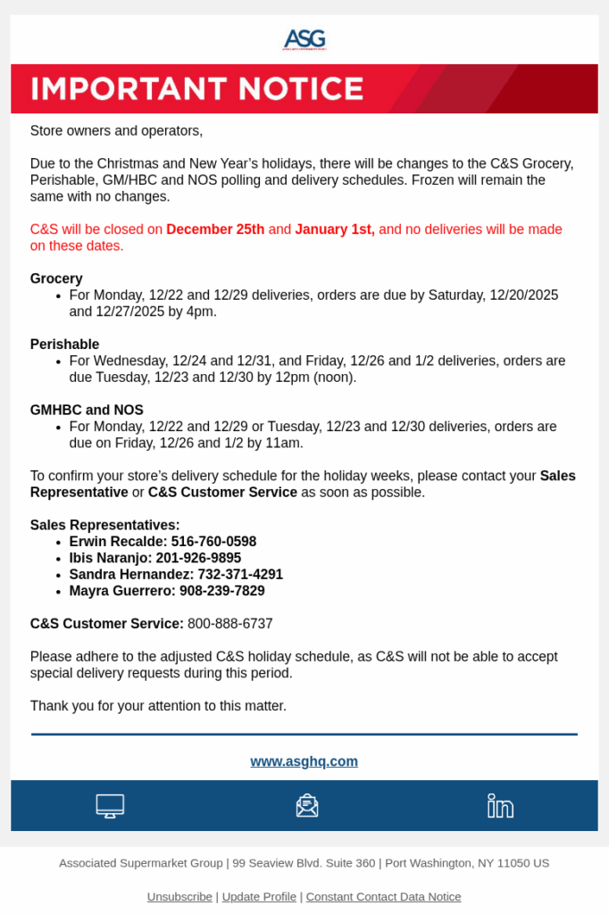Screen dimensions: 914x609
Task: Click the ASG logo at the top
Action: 304,39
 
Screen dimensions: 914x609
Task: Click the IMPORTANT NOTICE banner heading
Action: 197,89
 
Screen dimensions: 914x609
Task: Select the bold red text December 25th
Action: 215,229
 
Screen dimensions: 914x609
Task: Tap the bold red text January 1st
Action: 335,229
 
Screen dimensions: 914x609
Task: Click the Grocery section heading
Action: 56,278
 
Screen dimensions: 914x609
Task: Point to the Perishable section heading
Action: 64,345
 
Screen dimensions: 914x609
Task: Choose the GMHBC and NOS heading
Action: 87,411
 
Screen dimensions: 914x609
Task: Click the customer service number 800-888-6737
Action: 230,624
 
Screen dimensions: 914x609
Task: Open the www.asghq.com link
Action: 304,761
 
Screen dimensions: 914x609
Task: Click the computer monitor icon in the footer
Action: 110,806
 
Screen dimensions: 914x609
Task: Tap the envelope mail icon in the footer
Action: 307,806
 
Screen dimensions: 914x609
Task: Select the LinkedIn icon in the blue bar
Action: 500,806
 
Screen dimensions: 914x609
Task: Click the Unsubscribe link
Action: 179,896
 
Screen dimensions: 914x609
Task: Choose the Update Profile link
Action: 259,896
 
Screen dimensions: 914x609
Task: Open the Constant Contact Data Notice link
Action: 383,896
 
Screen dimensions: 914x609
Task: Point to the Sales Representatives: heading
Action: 105,526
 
